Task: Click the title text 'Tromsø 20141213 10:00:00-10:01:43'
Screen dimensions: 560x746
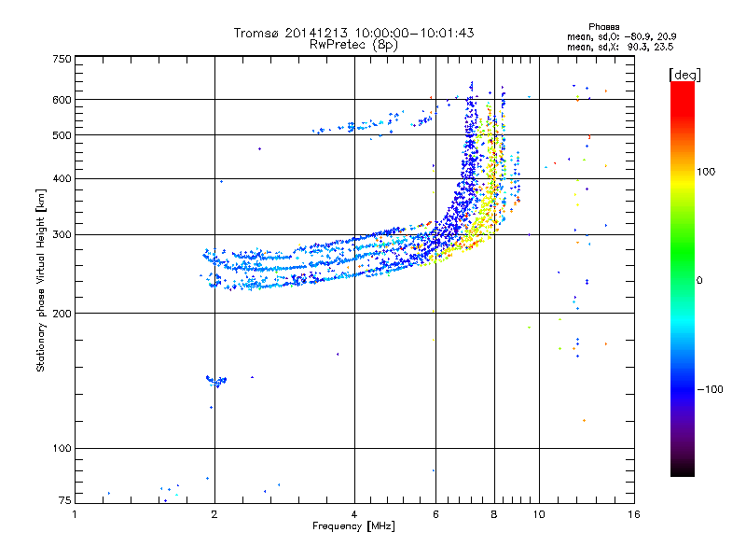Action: point(353,33)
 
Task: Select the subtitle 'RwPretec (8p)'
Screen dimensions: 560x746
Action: point(353,44)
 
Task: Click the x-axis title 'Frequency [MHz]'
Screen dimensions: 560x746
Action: point(353,526)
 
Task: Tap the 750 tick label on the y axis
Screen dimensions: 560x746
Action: point(62,59)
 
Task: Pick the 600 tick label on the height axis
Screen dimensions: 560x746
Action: point(62,100)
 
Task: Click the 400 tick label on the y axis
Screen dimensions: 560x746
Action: point(62,178)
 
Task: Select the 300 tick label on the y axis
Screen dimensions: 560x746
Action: point(62,234)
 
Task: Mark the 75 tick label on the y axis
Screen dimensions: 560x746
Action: point(64,500)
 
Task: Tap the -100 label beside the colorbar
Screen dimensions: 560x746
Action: point(711,389)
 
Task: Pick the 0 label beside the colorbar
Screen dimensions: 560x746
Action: point(701,280)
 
